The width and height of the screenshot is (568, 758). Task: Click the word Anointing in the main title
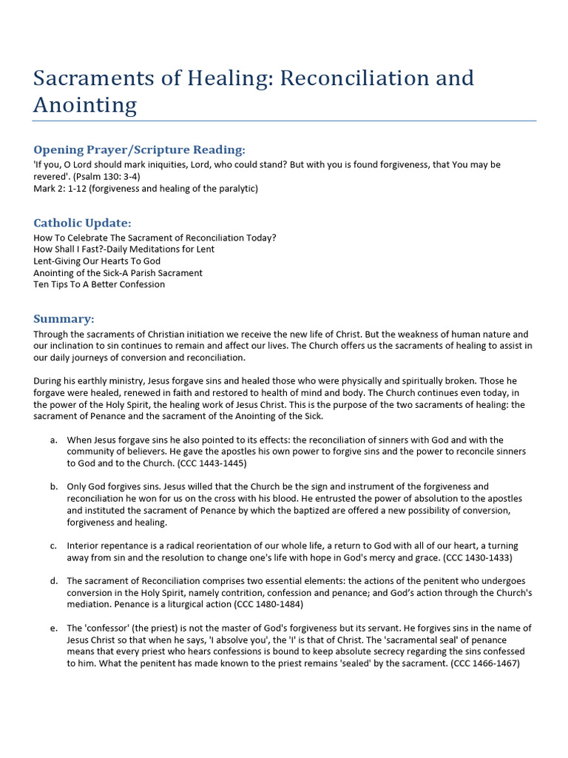point(85,105)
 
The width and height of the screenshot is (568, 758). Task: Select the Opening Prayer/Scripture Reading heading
point(139,150)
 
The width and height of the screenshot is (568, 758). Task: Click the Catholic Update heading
point(82,223)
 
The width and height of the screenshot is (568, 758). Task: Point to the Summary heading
point(64,319)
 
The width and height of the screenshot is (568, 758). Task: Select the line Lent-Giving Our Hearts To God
point(97,261)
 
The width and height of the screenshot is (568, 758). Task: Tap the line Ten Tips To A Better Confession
point(99,284)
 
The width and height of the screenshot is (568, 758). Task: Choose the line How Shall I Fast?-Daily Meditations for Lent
point(124,249)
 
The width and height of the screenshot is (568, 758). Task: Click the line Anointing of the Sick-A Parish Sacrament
point(118,272)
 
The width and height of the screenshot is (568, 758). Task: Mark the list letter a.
point(54,440)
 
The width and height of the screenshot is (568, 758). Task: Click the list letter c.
point(54,546)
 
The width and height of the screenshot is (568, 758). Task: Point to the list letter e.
point(54,628)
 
